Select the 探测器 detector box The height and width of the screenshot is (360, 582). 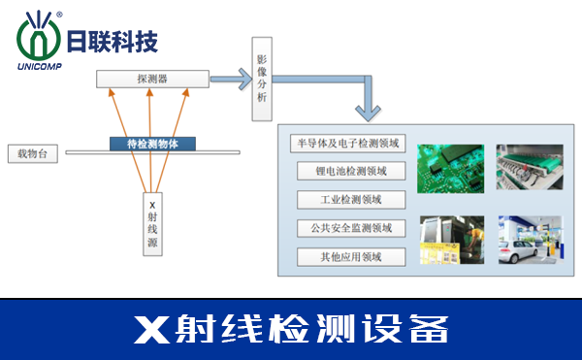152,78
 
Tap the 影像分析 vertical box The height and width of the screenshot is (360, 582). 262,80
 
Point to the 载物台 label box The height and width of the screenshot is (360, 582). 32,153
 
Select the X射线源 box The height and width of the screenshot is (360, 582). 152,225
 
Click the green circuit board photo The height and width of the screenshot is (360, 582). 450,168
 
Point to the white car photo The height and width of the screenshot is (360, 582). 531,240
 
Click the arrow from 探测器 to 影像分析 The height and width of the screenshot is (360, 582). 230,78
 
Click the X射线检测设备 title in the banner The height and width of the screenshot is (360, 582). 291,328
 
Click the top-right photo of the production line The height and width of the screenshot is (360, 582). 531,168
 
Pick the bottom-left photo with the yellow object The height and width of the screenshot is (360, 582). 450,240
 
